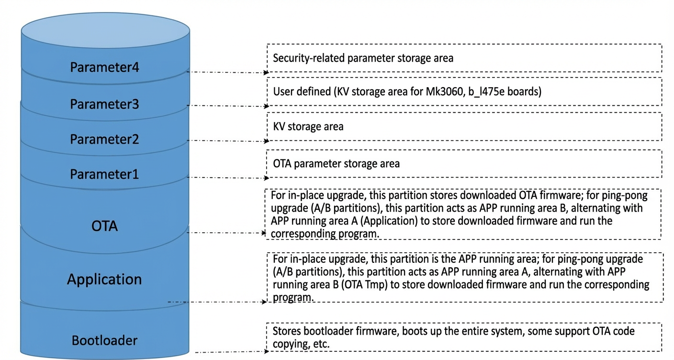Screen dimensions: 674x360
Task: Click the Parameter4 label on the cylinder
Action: pyautogui.click(x=104, y=67)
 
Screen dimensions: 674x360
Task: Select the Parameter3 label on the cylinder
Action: pyautogui.click(x=104, y=104)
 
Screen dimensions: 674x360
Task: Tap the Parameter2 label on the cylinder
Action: pyautogui.click(x=104, y=139)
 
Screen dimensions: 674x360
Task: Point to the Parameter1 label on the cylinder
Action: pyautogui.click(x=104, y=174)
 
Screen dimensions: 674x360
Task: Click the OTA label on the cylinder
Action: pyautogui.click(x=104, y=226)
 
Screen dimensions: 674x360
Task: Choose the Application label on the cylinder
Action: pyautogui.click(x=104, y=279)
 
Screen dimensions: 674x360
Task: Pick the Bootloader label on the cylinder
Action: pyautogui.click(x=104, y=340)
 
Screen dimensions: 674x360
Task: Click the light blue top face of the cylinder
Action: pyautogui.click(x=105, y=30)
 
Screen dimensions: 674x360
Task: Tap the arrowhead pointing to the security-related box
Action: pyautogui.click(x=266, y=73)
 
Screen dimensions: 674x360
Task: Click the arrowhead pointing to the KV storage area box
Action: pyautogui.click(x=266, y=141)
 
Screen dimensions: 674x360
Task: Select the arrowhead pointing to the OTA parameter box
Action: pyautogui.click(x=266, y=178)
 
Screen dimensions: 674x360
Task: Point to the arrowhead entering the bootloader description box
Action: pyautogui.click(x=266, y=351)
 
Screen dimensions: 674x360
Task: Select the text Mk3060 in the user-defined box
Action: pyautogui.click(x=444, y=91)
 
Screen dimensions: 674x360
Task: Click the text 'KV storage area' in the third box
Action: pyautogui.click(x=308, y=126)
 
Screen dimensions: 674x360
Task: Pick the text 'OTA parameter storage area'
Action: pyautogui.click(x=336, y=164)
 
